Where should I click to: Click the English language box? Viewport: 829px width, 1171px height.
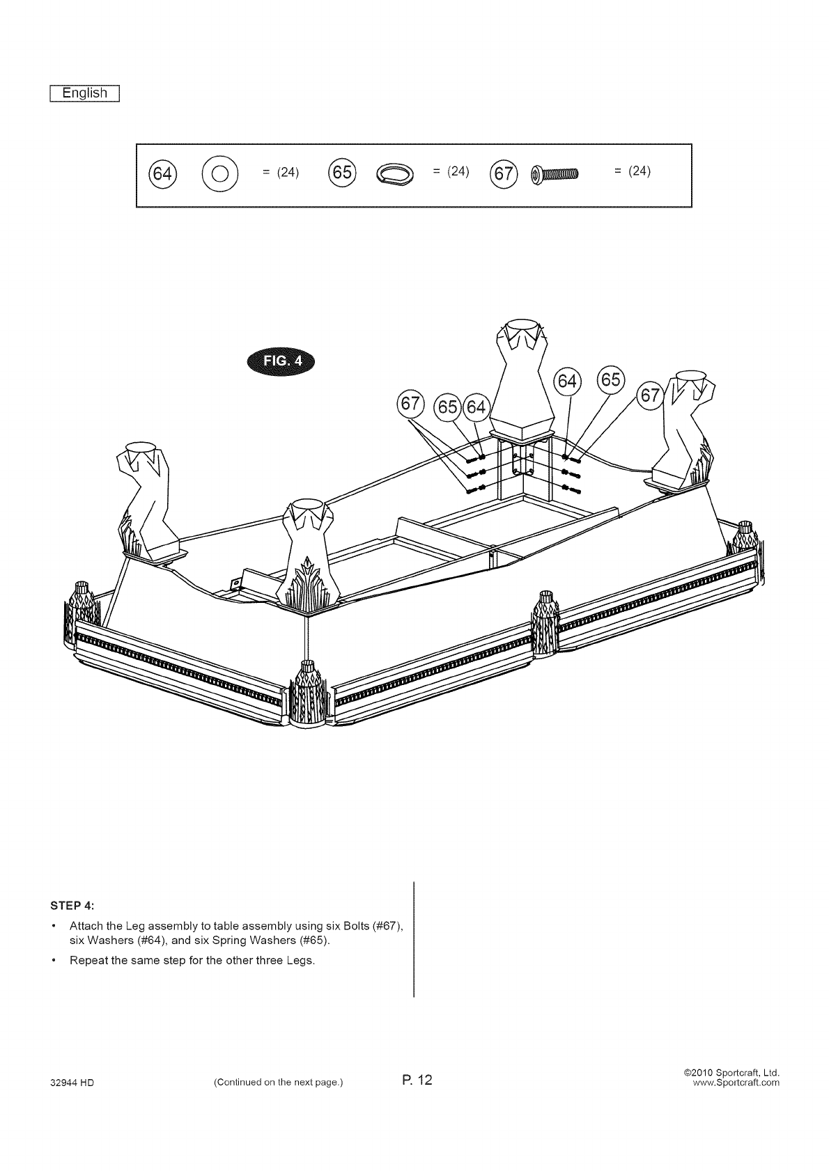point(85,93)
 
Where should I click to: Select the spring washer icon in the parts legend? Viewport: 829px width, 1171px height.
point(394,173)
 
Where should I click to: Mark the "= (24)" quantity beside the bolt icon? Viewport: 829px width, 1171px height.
point(632,171)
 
